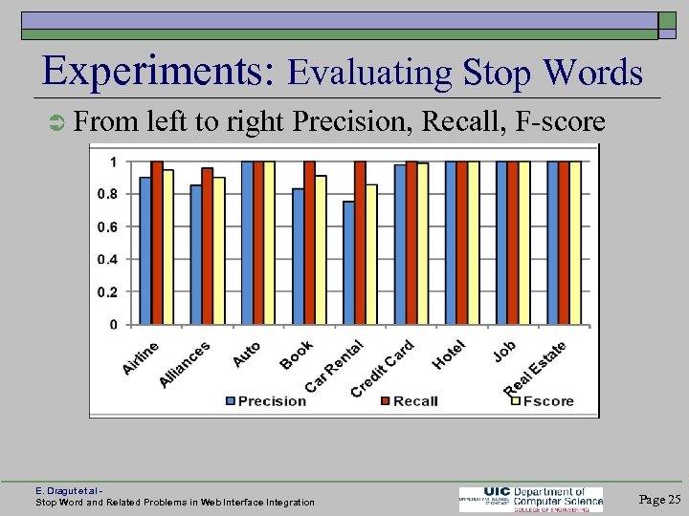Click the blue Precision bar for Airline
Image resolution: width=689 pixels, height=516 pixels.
(x=145, y=250)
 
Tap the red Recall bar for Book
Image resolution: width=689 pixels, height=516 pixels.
(x=309, y=243)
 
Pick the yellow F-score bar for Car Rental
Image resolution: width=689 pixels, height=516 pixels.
(x=371, y=254)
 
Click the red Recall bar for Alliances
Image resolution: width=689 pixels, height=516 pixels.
(x=208, y=246)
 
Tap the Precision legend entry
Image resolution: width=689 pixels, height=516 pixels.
(x=265, y=400)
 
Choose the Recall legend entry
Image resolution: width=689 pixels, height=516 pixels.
(x=409, y=400)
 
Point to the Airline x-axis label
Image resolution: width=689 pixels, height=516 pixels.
(x=141, y=357)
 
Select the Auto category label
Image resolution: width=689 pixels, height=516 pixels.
(x=246, y=354)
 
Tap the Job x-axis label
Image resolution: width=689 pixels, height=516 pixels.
(x=504, y=351)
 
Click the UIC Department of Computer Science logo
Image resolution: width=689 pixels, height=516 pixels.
(x=531, y=499)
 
